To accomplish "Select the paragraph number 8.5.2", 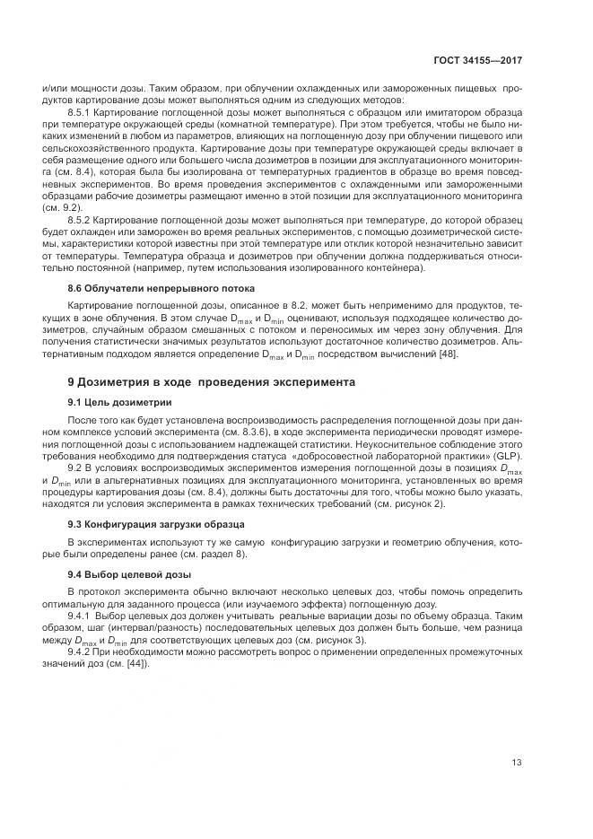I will [81, 219].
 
